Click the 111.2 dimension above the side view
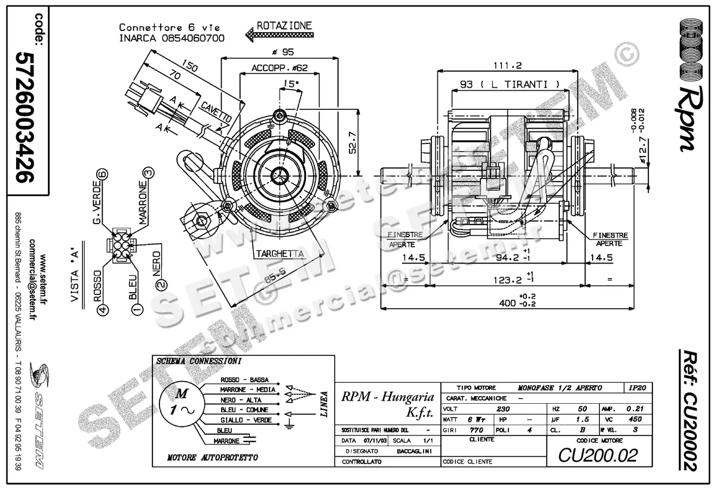(507, 65)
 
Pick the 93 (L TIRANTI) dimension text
(510, 84)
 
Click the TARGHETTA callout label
(280, 254)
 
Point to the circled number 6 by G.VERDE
(102, 174)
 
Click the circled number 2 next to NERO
(160, 284)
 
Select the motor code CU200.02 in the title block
(597, 455)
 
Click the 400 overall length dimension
(508, 303)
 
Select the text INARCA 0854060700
(171, 38)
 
